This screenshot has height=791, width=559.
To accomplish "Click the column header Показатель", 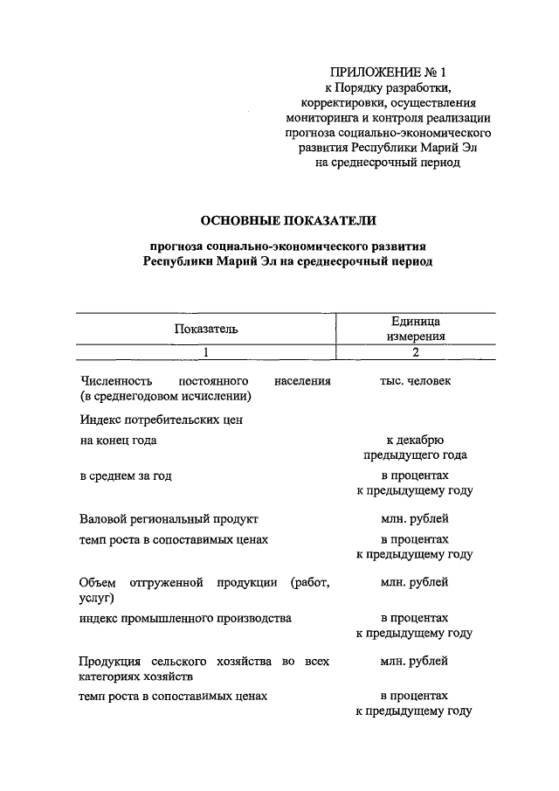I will click(205, 329).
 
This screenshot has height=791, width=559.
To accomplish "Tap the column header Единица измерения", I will click(415, 329).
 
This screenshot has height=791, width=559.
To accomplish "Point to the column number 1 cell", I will click(205, 352).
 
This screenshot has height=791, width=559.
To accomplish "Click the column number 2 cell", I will click(416, 352).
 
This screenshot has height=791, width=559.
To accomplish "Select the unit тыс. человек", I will click(415, 382).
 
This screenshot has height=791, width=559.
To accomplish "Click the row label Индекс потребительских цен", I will click(160, 420).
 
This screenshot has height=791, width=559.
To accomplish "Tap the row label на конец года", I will click(118, 441).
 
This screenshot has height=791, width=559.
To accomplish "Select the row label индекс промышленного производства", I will click(184, 618).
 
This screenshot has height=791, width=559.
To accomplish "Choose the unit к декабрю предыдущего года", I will click(415, 448).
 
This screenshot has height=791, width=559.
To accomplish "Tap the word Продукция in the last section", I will click(107, 661).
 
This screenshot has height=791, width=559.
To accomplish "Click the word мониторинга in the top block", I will click(319, 117).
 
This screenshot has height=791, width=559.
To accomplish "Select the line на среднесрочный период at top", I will click(386, 162).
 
